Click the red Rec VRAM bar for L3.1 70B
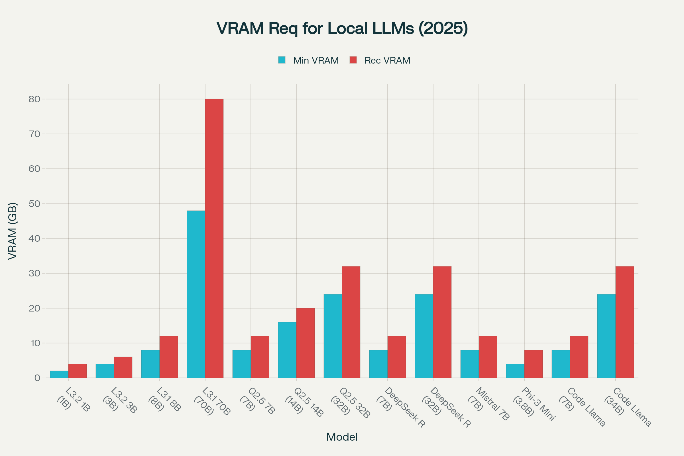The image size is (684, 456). pos(214,239)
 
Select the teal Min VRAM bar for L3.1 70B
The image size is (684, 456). pos(196,294)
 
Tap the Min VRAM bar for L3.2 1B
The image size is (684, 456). pos(59,374)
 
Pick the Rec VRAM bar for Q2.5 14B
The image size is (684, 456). pos(305,343)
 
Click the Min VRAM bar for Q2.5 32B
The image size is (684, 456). pos(333,336)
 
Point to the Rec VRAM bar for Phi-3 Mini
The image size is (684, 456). pos(533,364)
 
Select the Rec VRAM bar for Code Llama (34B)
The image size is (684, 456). pos(625,322)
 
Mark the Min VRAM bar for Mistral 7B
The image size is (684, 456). pos(469,364)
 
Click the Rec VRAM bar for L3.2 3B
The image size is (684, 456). pos(123,367)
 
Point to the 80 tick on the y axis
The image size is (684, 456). pos(34,99)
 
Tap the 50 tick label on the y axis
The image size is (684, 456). pos(34,203)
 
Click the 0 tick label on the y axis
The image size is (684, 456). pos(37,378)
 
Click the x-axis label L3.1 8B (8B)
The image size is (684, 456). pos(164,400)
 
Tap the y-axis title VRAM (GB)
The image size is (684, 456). pos(13,231)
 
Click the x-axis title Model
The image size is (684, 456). pos(342,437)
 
